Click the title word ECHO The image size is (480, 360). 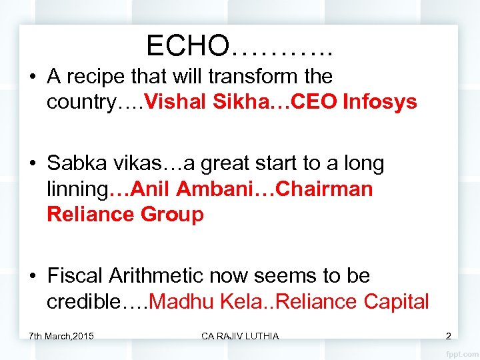pos(187,45)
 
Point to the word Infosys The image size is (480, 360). pos(380,102)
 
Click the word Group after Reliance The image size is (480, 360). pos(173,215)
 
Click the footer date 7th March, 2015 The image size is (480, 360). pos(61,335)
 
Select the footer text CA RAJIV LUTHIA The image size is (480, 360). pos(240,335)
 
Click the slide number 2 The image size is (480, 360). pos(448,335)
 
